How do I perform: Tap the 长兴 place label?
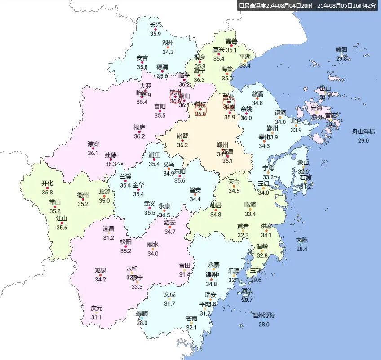[155, 26]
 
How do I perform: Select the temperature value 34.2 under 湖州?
[168, 52]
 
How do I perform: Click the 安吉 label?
[142, 58]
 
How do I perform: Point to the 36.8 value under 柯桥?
[200, 114]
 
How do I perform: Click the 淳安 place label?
[93, 144]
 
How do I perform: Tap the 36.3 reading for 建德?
[111, 164]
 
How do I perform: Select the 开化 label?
[47, 183]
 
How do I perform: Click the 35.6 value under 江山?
[62, 228]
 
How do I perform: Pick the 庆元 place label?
[96, 308]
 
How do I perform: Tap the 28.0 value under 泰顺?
[142, 323]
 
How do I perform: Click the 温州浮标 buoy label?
[264, 315]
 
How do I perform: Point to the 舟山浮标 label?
[363, 132]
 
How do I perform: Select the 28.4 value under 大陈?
[301, 249]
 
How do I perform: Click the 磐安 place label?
[195, 190]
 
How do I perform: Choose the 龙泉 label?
[100, 270]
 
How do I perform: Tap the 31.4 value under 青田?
[185, 275]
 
